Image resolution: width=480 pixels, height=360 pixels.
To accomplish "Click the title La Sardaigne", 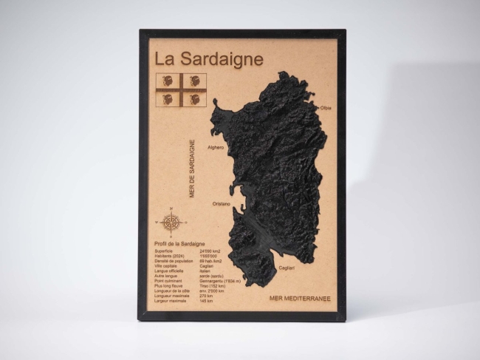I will [x=208, y=58].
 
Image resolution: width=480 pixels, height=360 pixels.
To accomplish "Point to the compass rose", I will [x=171, y=221].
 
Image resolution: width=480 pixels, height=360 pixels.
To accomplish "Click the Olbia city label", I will [x=325, y=108].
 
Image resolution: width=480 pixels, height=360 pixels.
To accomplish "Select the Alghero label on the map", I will [x=216, y=147].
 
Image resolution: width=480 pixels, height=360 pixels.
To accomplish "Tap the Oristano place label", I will [x=221, y=203].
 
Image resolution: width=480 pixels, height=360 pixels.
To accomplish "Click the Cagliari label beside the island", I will [x=287, y=267].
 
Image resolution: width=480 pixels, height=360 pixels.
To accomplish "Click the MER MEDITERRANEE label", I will [x=300, y=298].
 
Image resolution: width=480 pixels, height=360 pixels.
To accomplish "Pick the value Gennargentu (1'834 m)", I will [x=221, y=281].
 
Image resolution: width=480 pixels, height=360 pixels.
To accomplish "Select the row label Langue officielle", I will [x=168, y=271].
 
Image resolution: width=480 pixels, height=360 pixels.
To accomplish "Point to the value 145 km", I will [x=206, y=301].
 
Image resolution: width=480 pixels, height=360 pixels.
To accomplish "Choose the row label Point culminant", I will [x=167, y=281].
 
